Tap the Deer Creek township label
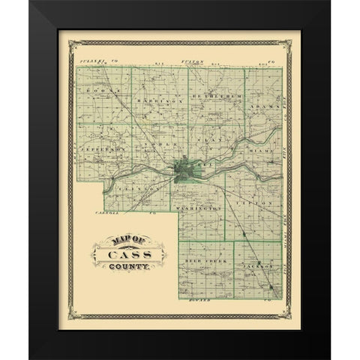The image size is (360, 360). point(200,258)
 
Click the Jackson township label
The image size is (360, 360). point(256,265)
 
